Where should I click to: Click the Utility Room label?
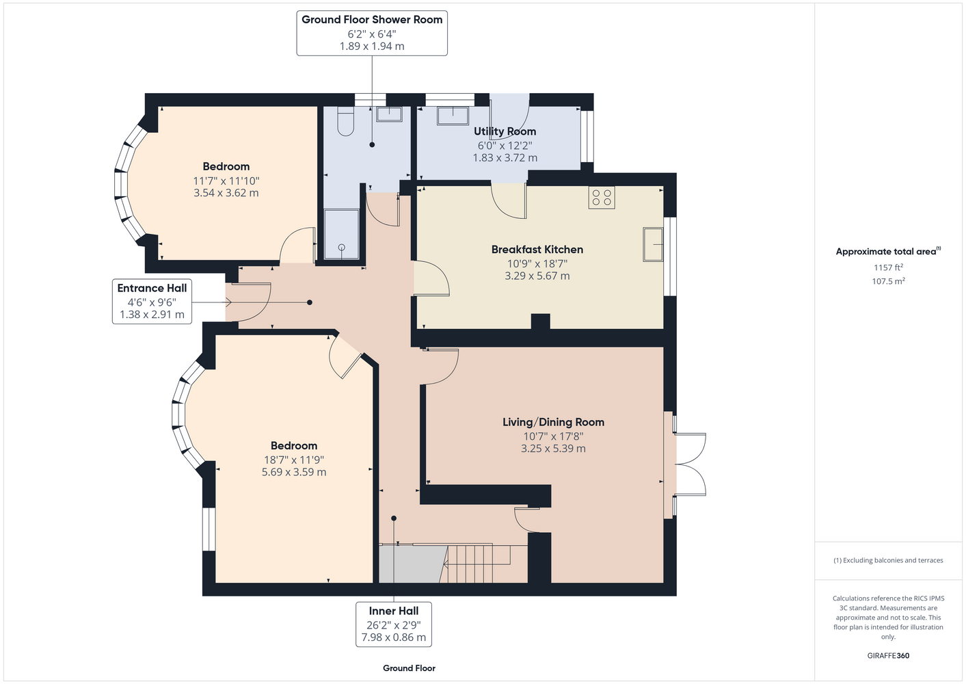click(505, 131)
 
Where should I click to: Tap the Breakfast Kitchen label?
click(537, 250)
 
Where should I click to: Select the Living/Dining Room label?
click(553, 422)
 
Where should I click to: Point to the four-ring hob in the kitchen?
click(602, 198)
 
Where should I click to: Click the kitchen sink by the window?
click(653, 244)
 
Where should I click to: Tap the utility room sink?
click(453, 116)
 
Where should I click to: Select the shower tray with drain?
click(342, 235)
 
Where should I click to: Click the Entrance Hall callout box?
click(152, 301)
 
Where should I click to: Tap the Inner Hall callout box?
click(394, 624)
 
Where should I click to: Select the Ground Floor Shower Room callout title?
click(372, 20)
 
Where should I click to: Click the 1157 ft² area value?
click(888, 267)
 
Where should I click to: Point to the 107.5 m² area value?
click(888, 281)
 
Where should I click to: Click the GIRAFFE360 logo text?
click(888, 655)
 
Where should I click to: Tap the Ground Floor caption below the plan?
click(410, 668)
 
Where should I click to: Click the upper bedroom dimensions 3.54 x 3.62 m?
click(226, 193)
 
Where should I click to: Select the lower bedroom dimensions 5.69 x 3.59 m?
click(294, 472)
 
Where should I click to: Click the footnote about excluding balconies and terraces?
click(888, 560)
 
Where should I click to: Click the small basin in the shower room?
click(389, 114)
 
